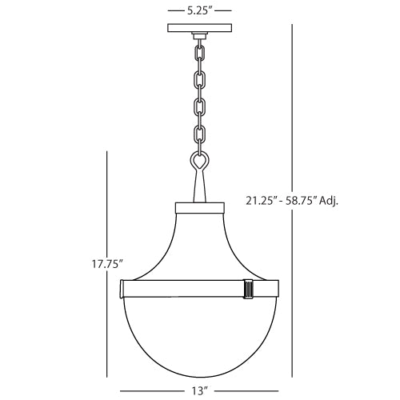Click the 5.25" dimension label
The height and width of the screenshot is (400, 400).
point(199,13)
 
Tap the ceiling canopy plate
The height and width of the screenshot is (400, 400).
point(199,30)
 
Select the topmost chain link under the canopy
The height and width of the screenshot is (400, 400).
point(199,51)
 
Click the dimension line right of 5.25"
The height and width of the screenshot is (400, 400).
point(223,13)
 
